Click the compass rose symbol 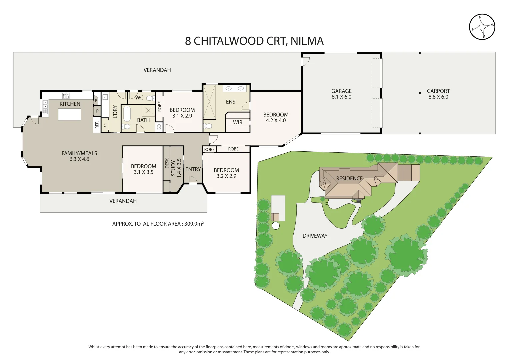click(x=482, y=27)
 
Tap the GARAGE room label click(x=341, y=91)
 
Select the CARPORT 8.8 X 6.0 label click(x=438, y=94)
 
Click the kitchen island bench click(x=69, y=114)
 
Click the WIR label click(x=238, y=122)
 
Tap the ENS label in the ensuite click(x=231, y=102)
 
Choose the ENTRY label click(x=193, y=169)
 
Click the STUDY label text click(x=173, y=168)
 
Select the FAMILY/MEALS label click(x=79, y=153)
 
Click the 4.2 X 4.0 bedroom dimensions click(x=276, y=120)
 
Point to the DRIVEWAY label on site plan click(x=315, y=236)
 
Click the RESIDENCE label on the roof click(x=349, y=178)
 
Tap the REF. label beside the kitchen click(x=97, y=125)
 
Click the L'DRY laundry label click(x=115, y=112)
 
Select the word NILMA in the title click(x=307, y=41)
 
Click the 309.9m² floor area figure click(x=194, y=224)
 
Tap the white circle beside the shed click(x=276, y=226)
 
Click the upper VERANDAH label click(x=157, y=70)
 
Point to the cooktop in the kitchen click(x=66, y=96)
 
